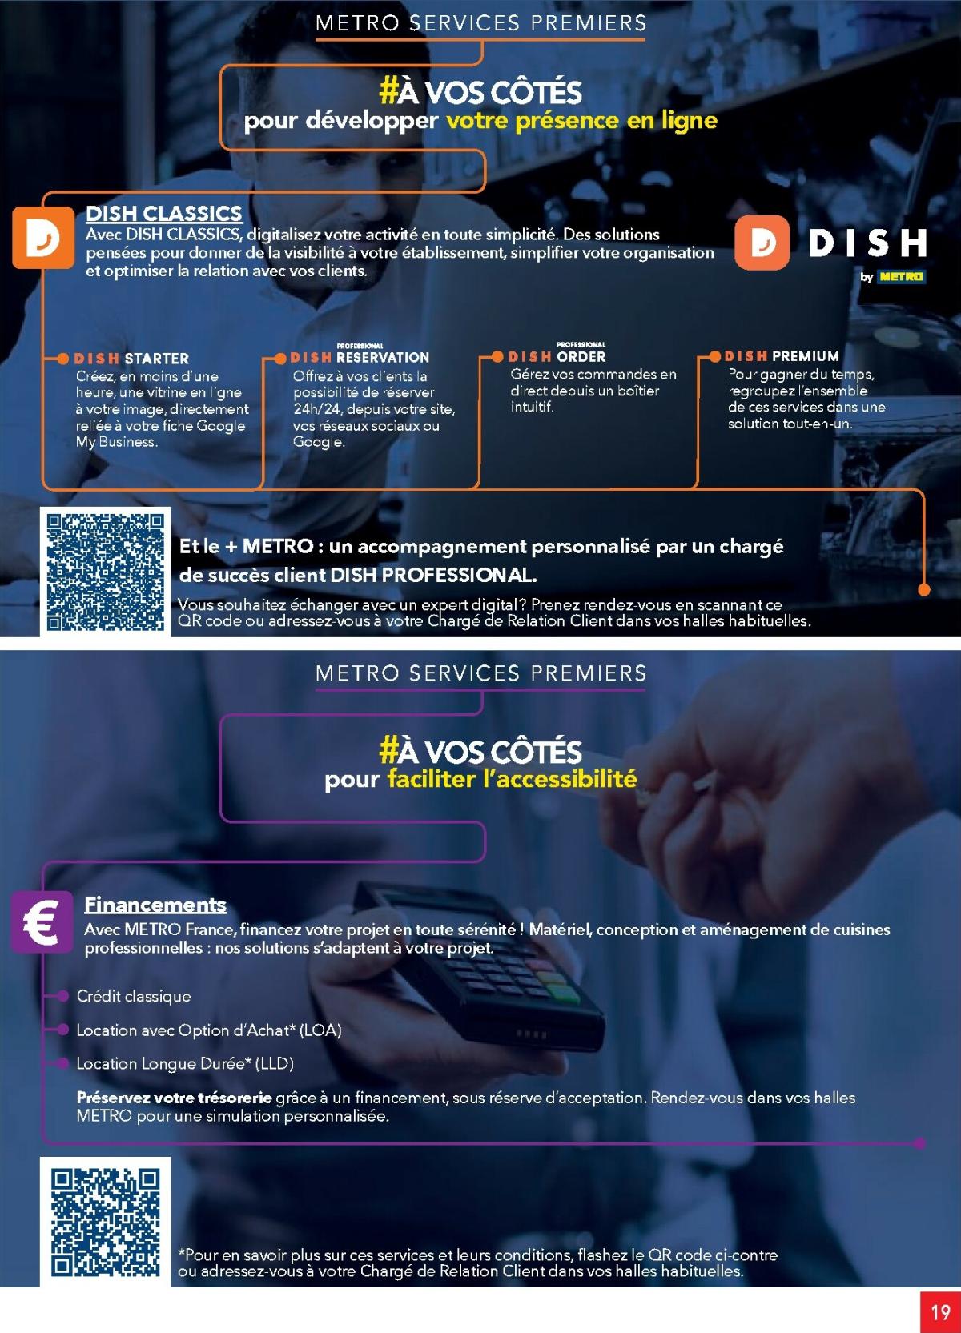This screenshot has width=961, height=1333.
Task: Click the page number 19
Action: click(x=940, y=1312)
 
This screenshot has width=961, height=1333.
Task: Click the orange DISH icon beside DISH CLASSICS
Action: click(x=43, y=238)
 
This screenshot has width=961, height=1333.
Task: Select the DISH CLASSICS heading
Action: click(x=163, y=213)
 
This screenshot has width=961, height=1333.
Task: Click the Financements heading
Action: click(x=155, y=905)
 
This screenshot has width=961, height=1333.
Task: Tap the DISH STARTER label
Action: click(x=131, y=359)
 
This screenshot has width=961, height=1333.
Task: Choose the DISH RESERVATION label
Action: click(x=359, y=358)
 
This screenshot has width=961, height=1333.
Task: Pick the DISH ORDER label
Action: click(x=557, y=356)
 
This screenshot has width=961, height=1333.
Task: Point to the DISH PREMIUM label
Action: click(x=781, y=355)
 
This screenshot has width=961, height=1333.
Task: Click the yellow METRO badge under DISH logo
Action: click(x=901, y=277)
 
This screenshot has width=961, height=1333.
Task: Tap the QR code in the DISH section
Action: click(x=106, y=572)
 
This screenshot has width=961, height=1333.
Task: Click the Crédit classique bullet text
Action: click(x=134, y=996)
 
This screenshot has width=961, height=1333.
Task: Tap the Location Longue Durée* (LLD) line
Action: click(x=185, y=1063)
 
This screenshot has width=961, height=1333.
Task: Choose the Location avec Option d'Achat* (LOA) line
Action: click(x=208, y=1030)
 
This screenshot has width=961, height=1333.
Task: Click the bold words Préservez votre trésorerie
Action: click(x=174, y=1098)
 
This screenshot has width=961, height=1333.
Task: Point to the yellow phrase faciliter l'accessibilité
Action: click(x=512, y=778)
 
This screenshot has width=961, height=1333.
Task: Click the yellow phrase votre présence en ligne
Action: click(x=581, y=121)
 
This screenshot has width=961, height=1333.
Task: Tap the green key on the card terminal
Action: click(x=562, y=994)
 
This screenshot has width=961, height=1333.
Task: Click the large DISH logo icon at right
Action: click(x=762, y=243)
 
